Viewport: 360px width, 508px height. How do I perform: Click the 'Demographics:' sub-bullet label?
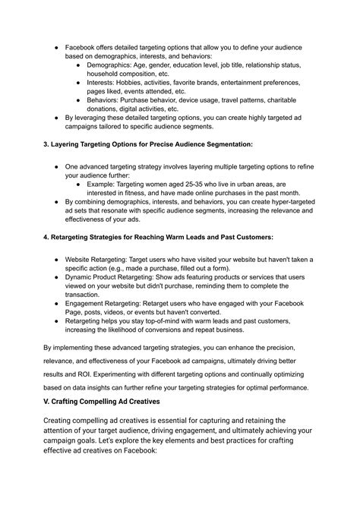pyautogui.click(x=111, y=66)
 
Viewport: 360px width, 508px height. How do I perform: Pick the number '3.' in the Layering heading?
pyautogui.click(x=46, y=144)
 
